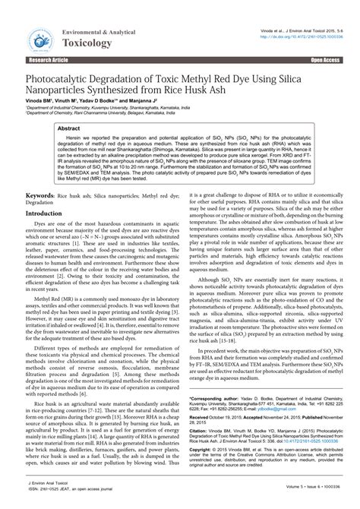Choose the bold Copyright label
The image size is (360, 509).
[204, 450]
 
